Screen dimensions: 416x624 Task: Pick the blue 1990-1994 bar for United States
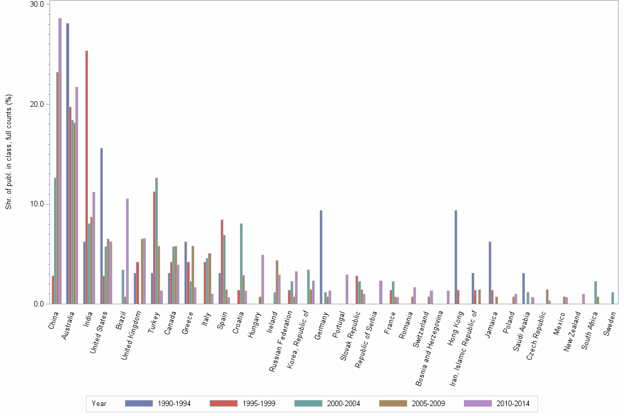(x=101, y=226)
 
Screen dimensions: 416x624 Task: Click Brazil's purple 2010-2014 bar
(x=127, y=251)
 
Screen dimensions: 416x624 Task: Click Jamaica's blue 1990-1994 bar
(x=490, y=272)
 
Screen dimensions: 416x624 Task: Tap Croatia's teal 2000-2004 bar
(x=242, y=264)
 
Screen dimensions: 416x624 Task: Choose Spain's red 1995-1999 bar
(x=222, y=261)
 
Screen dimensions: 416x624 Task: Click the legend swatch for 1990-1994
(x=139, y=403)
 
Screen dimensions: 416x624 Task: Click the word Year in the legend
(x=99, y=403)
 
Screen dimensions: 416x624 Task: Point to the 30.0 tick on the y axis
(x=37, y=4)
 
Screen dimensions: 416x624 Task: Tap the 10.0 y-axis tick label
(x=37, y=204)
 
